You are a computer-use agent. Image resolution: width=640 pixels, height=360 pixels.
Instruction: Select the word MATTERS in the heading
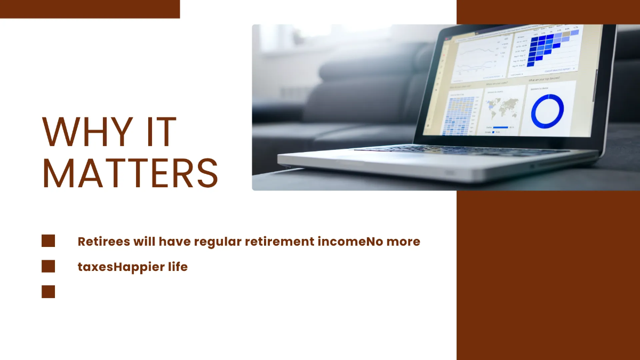coord(130,173)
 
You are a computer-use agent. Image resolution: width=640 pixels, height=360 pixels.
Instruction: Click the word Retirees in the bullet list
coord(104,242)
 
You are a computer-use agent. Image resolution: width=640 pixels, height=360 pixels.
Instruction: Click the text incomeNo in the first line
coord(343,242)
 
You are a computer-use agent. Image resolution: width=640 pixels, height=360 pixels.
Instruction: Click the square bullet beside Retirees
coord(49,241)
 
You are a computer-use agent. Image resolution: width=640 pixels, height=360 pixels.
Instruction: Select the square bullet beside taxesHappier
coord(49,266)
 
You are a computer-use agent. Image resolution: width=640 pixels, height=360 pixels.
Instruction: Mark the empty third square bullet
coord(49,291)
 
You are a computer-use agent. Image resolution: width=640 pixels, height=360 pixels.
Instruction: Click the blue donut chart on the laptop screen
coord(547,111)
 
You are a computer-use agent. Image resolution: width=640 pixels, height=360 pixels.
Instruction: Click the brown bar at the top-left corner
coord(90,9)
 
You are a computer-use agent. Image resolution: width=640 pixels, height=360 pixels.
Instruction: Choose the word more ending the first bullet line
coord(403,242)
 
